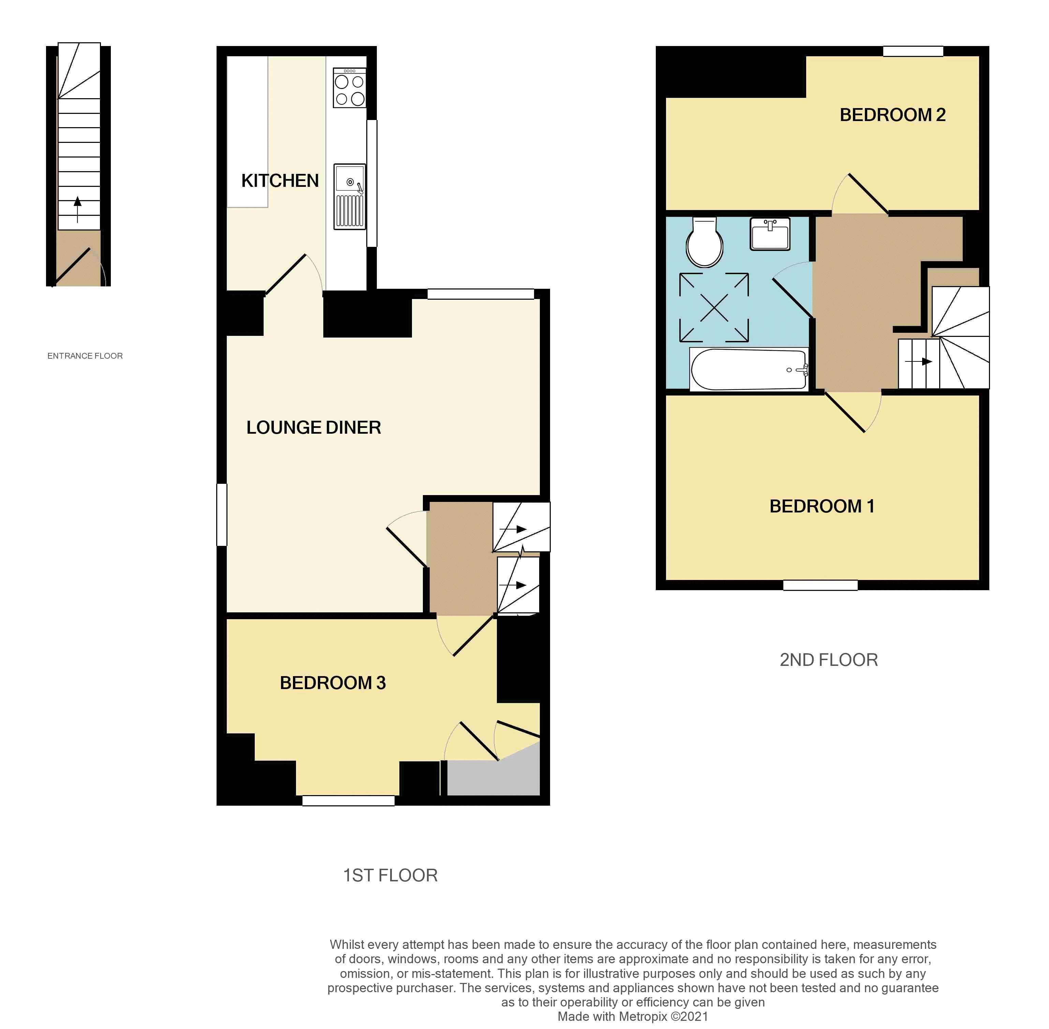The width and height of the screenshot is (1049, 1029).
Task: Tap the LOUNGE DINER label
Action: coord(313,428)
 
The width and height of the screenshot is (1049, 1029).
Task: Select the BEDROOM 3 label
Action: coord(333,683)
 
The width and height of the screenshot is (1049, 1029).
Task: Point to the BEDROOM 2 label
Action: coord(892,115)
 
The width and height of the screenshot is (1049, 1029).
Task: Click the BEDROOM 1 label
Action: coord(822,506)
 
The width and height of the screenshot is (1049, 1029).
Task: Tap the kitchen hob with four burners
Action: coord(349,88)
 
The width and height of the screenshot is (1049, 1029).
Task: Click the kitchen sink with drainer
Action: coord(349,196)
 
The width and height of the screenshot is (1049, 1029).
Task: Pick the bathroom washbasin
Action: coord(770,234)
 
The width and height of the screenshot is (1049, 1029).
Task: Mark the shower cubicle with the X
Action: coord(714,308)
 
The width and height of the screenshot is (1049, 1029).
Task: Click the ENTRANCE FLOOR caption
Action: coord(85,356)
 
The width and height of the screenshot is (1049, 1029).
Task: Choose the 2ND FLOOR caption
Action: coord(828,660)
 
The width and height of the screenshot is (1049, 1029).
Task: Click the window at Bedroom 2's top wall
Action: coord(913,51)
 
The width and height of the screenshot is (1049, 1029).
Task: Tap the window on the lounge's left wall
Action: coord(222,514)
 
